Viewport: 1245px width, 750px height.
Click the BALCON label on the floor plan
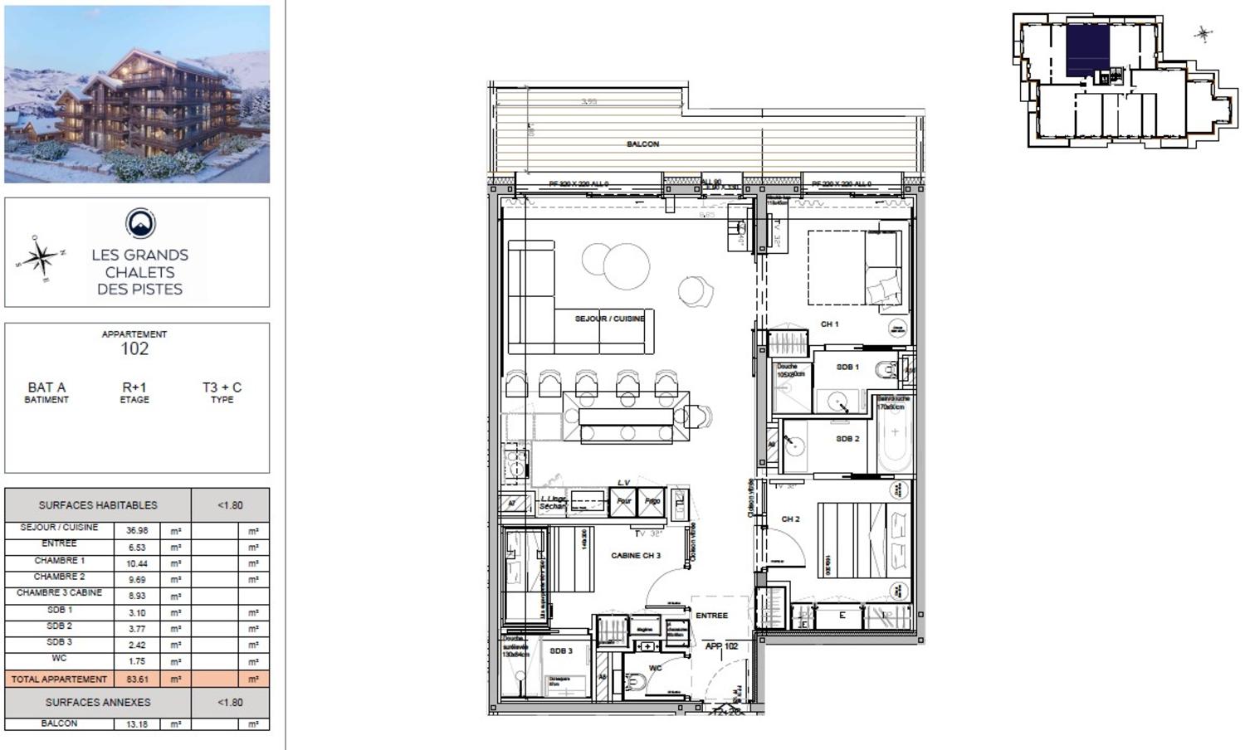tap(642, 144)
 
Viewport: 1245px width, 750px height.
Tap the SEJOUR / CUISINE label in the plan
tap(609, 319)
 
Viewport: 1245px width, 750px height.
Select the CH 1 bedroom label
tap(829, 324)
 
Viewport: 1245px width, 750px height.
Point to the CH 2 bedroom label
tap(790, 519)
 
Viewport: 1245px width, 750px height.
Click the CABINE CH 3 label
tap(636, 556)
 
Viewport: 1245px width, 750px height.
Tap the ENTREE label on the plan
tap(711, 616)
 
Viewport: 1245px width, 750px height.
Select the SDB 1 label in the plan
tap(847, 367)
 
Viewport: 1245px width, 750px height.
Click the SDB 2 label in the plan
tap(847, 439)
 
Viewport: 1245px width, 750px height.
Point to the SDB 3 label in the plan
tap(561, 651)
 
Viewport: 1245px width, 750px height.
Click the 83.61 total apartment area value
tap(137, 679)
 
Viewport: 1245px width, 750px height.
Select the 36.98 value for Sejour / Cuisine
tap(137, 531)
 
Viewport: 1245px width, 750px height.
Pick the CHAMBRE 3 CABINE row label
tap(59, 593)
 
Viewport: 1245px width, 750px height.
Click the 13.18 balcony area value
tap(137, 724)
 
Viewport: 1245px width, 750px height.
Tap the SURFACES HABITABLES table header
tap(97, 505)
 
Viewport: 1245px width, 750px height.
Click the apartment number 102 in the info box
tap(134, 349)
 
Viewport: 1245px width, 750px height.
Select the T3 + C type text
tap(222, 387)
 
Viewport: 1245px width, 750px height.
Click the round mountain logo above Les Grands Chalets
tap(140, 223)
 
